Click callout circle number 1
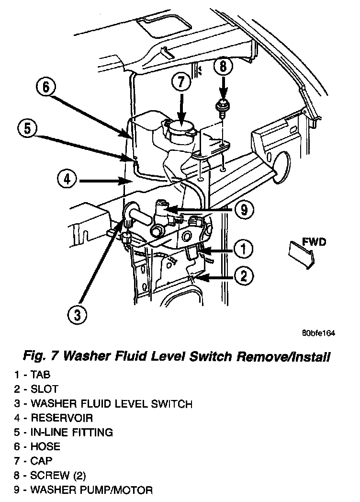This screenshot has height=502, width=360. tap(244, 249)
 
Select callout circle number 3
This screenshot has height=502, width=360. tap(77, 314)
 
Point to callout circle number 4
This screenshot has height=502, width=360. tap(67, 180)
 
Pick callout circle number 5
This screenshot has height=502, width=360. tap(27, 129)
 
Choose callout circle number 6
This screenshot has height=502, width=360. tap(45, 88)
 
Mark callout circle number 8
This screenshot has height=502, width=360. tap(223, 67)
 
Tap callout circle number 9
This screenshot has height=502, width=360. tap(244, 209)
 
